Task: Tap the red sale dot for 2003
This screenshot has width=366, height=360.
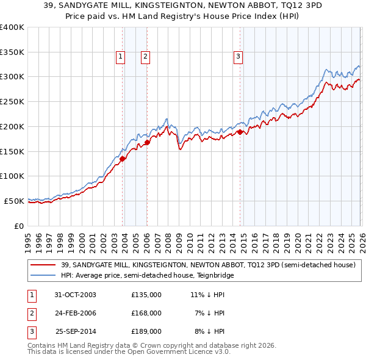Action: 123,159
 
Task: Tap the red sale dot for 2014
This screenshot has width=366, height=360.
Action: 240,132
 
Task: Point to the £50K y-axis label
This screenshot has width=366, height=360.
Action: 14,201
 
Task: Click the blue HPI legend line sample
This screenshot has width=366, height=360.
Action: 44,275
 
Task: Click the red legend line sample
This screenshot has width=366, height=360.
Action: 44,265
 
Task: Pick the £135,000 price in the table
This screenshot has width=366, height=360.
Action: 146,294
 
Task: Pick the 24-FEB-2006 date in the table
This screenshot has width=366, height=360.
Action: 76,313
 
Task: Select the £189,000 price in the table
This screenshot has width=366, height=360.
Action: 146,332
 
